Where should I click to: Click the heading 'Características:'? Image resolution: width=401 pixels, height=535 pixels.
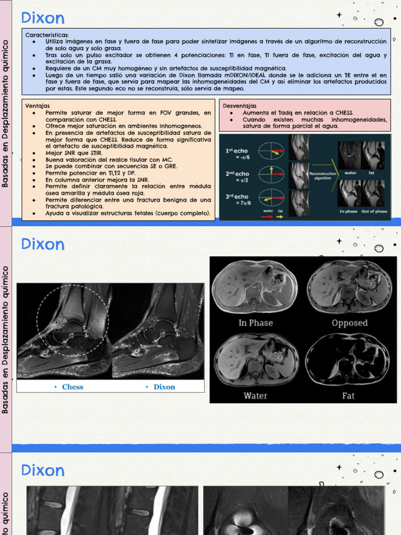tap(47, 34)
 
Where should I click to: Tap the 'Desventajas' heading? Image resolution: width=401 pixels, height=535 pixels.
tap(240, 106)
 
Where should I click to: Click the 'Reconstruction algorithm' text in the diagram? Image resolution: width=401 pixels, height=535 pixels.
tap(323, 176)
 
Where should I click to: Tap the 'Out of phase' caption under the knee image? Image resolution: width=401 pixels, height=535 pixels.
tap(374, 212)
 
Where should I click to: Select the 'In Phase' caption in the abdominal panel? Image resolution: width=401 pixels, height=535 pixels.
tap(255, 323)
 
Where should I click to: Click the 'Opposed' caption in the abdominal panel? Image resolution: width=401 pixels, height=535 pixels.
tap(349, 323)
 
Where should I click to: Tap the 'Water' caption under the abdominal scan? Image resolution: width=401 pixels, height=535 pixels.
tap(255, 396)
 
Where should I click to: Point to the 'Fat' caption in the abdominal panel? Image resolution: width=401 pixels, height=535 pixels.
tap(348, 396)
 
